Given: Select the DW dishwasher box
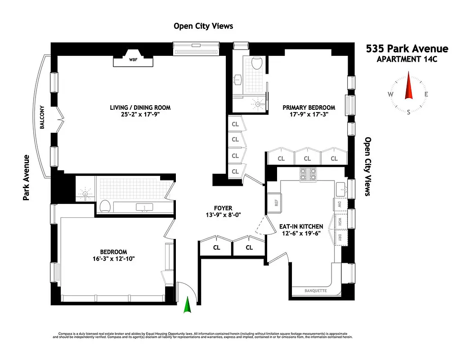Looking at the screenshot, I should click(x=339, y=205).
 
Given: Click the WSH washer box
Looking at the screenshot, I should click(x=339, y=222).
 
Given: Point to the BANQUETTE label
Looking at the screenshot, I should click(x=316, y=291).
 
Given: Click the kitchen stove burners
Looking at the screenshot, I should click(x=309, y=174).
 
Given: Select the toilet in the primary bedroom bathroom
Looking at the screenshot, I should click(x=257, y=63).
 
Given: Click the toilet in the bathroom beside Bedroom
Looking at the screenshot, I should click(x=105, y=207).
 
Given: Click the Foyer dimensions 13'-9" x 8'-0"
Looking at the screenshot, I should click(x=223, y=215).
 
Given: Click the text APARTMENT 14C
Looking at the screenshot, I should click(x=407, y=59).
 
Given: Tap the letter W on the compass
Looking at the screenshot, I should click(x=390, y=94).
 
